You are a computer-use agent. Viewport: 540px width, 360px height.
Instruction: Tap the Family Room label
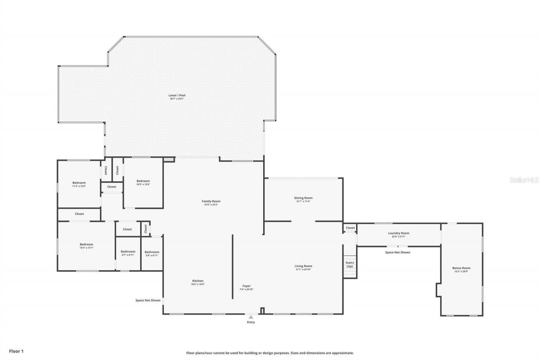click(x=211, y=201)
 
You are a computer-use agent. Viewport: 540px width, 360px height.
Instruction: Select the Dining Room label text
click(x=303, y=198)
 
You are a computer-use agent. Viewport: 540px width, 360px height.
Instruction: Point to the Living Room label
click(x=303, y=266)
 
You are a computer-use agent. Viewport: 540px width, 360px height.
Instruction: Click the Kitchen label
click(x=198, y=281)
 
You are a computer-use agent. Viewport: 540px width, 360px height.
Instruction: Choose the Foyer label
click(x=246, y=286)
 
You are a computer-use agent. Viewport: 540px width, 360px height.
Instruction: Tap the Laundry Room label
click(x=399, y=233)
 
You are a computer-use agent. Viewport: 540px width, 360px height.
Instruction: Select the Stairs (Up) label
click(x=350, y=265)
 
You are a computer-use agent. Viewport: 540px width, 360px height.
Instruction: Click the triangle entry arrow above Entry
click(x=251, y=317)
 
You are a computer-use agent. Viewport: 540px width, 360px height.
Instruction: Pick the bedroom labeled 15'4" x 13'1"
click(x=86, y=245)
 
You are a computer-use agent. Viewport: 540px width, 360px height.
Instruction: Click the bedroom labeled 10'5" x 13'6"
click(x=143, y=181)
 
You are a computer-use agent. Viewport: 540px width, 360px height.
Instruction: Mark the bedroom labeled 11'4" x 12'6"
click(x=79, y=183)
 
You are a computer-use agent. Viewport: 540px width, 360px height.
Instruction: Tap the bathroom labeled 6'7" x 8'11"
click(x=128, y=252)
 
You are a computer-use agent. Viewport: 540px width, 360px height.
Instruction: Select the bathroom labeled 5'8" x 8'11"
click(x=152, y=252)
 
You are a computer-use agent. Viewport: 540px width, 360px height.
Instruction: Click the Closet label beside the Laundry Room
click(x=350, y=228)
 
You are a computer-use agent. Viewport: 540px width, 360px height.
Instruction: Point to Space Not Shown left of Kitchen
click(x=148, y=300)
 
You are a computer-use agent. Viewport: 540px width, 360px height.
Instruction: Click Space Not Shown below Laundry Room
click(x=397, y=252)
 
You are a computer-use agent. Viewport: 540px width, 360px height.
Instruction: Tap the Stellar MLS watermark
click(x=524, y=180)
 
